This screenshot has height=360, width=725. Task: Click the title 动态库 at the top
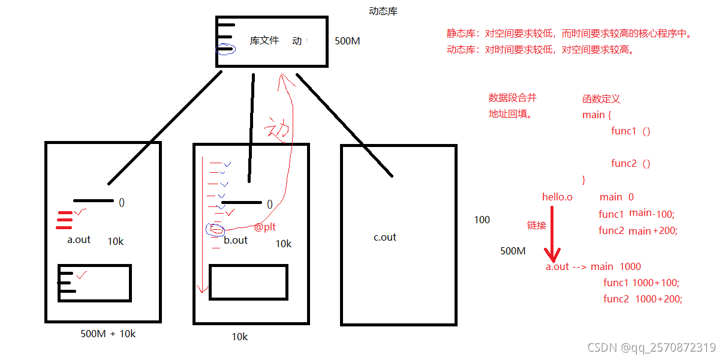pyautogui.click(x=383, y=11)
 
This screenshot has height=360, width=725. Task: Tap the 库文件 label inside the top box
pyautogui.click(x=264, y=41)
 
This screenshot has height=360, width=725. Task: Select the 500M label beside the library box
pyautogui.click(x=347, y=41)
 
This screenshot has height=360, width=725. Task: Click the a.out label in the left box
pyautogui.click(x=79, y=239)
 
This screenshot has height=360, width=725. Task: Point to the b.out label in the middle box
pyautogui.click(x=236, y=240)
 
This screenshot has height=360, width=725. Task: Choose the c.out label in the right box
pyautogui.click(x=385, y=237)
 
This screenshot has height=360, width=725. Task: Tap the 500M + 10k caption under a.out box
pyautogui.click(x=108, y=334)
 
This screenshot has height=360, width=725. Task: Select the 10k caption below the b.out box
pyautogui.click(x=240, y=337)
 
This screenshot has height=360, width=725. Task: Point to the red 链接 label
pyautogui.click(x=537, y=225)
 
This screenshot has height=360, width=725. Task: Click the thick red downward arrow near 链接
pyautogui.click(x=552, y=234)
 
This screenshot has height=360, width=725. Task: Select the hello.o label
pyautogui.click(x=557, y=197)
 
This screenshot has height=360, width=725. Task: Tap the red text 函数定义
pyautogui.click(x=601, y=99)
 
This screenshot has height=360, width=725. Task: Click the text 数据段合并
pyautogui.click(x=513, y=98)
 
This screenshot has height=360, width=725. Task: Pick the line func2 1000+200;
pyautogui.click(x=643, y=299)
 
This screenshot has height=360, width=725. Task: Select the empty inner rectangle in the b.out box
pyautogui.click(x=248, y=282)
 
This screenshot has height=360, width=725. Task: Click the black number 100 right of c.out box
pyautogui.click(x=482, y=220)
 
